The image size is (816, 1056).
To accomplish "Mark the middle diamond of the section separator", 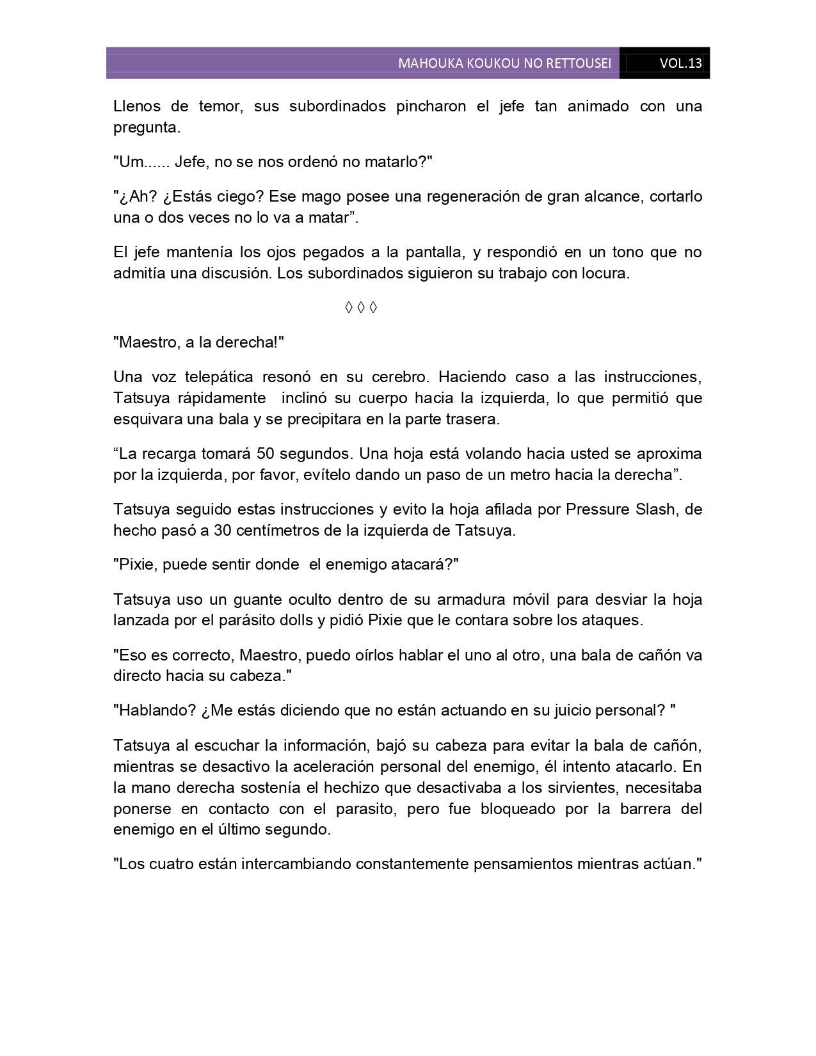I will tap(361, 308).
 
